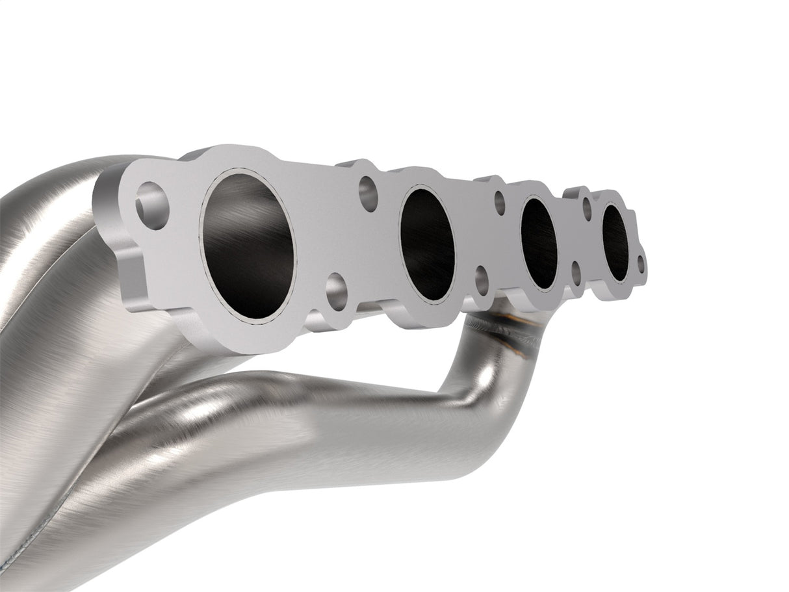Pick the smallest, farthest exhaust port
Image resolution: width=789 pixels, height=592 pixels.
tap(614, 241)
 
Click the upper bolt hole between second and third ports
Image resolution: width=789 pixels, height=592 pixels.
tap(500, 203)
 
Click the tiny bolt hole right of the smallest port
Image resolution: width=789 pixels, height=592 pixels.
tap(641, 264)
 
